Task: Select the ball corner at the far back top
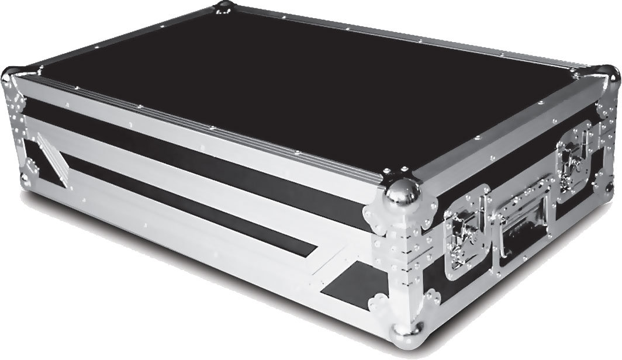click(x=223, y=8)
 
